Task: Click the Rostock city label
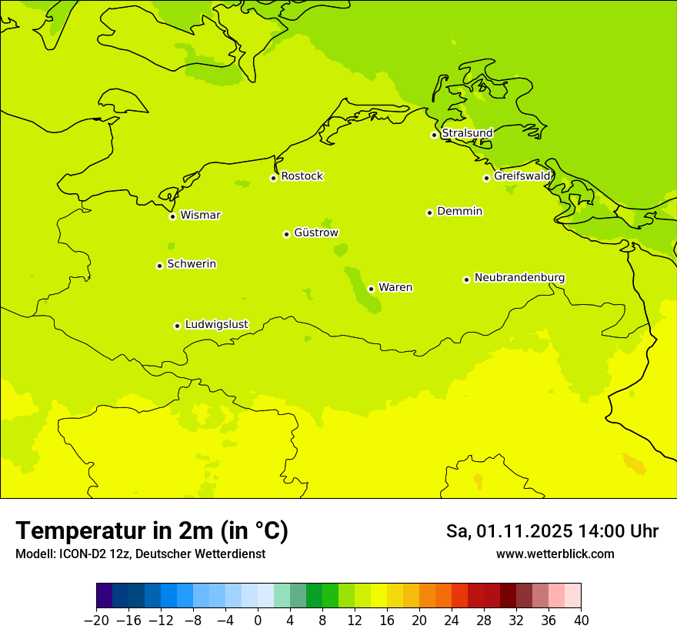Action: [302, 176]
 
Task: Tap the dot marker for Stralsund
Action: [434, 135]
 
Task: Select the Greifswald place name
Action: [522, 176]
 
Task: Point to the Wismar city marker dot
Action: [172, 216]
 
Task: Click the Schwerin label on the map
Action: [192, 264]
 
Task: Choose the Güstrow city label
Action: [316, 233]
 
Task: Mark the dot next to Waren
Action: [371, 289]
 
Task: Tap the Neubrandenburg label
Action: [519, 278]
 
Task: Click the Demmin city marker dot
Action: [429, 212]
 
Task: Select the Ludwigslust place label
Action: [216, 324]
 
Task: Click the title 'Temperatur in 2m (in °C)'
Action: [152, 531]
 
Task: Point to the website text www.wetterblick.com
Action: [555, 554]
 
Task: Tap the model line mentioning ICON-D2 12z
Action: [140, 554]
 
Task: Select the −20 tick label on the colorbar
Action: [96, 621]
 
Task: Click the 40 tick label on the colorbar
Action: [581, 621]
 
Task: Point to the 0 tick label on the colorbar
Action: [258, 621]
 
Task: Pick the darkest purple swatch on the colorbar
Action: [105, 596]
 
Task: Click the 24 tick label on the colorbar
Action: [452, 621]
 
